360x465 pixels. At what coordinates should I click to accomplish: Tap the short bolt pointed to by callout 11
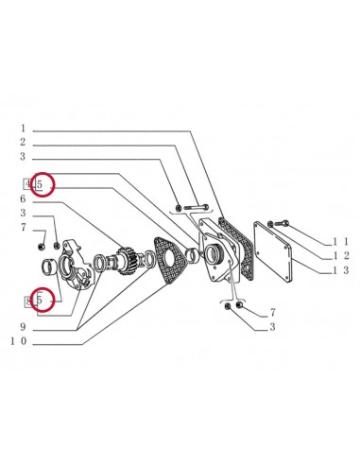pos(280,223)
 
